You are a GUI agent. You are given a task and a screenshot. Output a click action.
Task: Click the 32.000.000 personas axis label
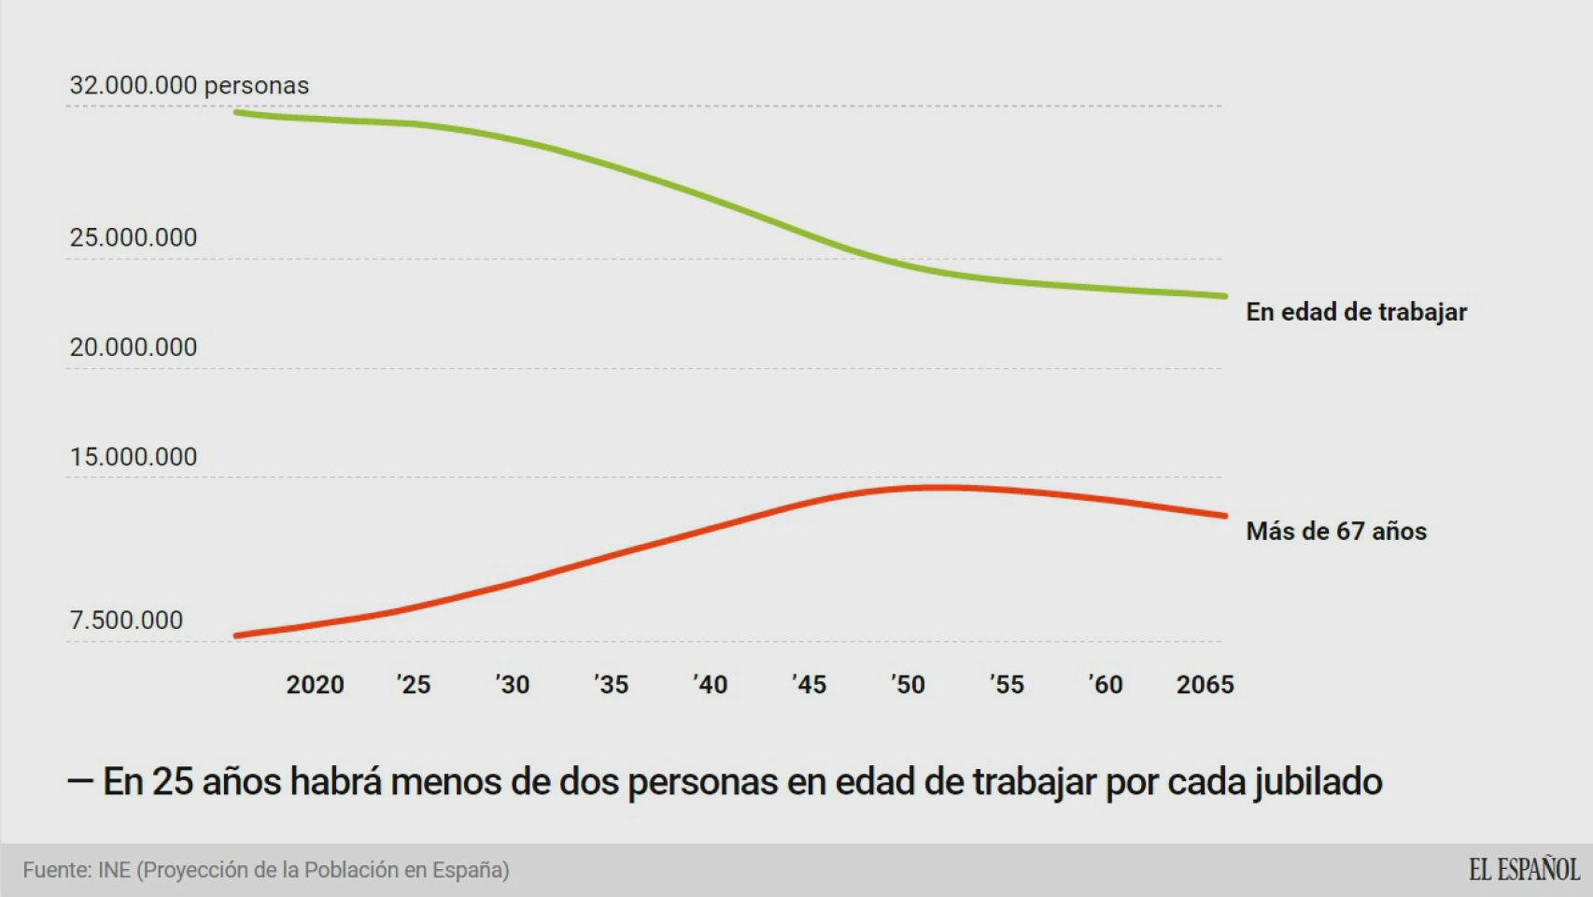point(189,85)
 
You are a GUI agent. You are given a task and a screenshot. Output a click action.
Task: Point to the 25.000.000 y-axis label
point(134,237)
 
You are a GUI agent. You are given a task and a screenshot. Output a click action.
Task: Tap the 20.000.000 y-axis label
point(134,347)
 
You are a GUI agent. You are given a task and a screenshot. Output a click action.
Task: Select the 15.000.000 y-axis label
point(134,457)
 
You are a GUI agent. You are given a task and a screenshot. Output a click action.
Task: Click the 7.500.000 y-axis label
point(126,620)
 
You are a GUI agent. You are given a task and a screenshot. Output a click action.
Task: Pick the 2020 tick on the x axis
point(315,685)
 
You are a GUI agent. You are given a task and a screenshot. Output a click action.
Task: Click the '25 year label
point(414,685)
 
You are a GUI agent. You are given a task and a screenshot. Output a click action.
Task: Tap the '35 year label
point(612,685)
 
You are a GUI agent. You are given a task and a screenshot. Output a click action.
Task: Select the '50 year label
point(908,685)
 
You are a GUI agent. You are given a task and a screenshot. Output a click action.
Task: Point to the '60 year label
point(1106,685)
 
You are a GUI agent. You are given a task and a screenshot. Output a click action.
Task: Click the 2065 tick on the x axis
point(1205,685)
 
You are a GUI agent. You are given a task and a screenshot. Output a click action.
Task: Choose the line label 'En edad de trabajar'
point(1356,312)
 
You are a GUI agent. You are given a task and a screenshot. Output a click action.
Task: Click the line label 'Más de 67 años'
point(1336,532)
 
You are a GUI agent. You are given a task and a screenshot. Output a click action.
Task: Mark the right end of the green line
point(1224,296)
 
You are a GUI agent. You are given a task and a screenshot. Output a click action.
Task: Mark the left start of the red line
point(237,635)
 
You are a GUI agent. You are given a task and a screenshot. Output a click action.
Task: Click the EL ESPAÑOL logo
point(1524,870)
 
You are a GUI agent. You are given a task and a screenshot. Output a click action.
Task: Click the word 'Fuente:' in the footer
point(57,870)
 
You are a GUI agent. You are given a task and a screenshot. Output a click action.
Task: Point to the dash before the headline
point(79,782)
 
